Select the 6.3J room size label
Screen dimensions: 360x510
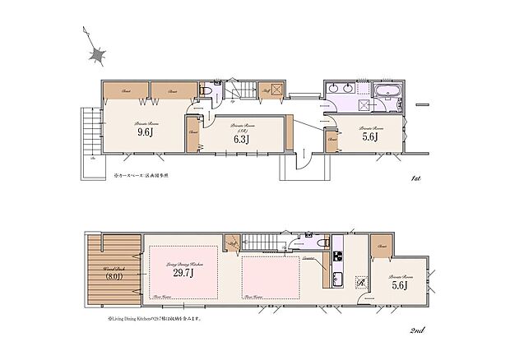pos(240,139)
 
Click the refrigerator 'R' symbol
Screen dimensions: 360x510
pos(360,285)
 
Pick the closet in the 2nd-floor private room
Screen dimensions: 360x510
pos(380,246)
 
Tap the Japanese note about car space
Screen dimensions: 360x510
pos(129,176)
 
